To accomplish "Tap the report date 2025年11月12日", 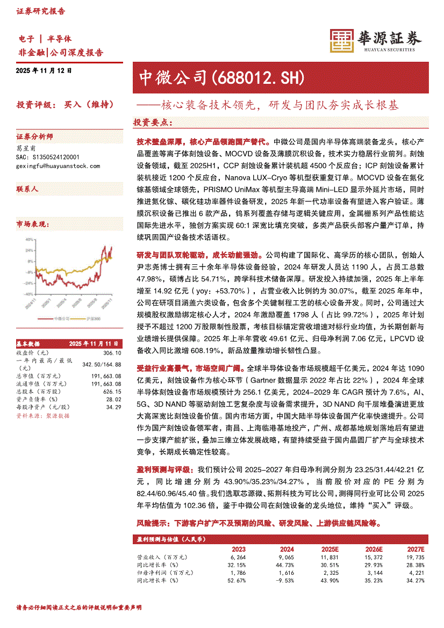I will [x=44, y=70].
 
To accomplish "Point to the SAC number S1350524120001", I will [x=48, y=157].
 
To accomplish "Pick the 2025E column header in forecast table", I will [x=330, y=549].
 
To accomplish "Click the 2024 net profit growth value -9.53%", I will [x=284, y=581].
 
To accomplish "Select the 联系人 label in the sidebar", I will [x=27, y=189].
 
